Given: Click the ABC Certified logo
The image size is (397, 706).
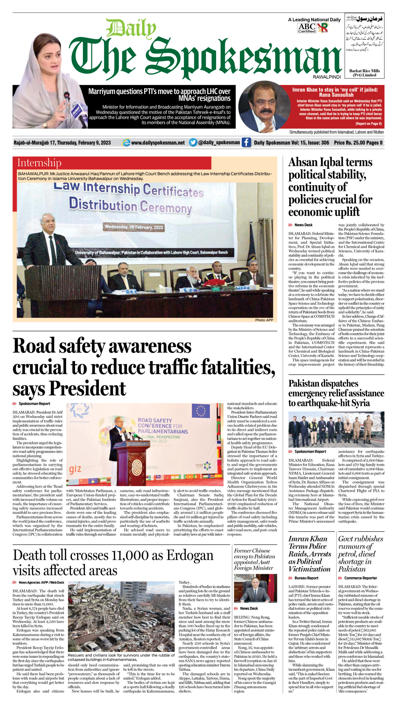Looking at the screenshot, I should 307,28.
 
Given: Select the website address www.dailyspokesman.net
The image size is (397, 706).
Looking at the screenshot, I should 158,143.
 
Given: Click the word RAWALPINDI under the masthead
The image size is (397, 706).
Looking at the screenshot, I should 327,77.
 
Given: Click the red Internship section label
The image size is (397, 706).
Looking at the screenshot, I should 39,163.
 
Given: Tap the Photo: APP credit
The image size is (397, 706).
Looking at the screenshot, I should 264,320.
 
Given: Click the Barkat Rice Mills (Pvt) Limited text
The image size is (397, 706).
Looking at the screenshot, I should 364,73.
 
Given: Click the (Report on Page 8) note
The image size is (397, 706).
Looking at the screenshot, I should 368,124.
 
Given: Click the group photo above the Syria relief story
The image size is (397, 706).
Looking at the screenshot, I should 336,429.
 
